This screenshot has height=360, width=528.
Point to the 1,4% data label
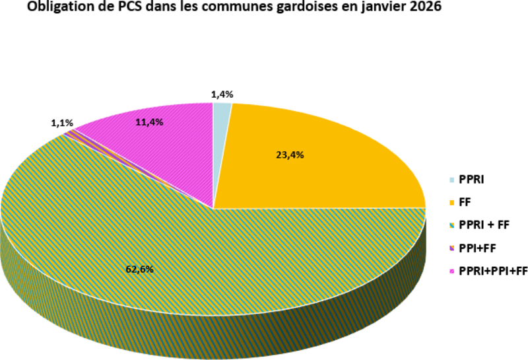click(222, 94)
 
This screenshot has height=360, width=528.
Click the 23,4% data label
click(290, 155)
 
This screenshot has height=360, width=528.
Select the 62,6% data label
click(139, 270)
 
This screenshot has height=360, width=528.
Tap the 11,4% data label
click(149, 122)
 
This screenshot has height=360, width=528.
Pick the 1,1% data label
click(62, 124)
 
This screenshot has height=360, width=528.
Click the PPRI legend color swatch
click(451, 180)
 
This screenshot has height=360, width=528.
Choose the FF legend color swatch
click(451, 203)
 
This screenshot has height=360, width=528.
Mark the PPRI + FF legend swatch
click(451, 225)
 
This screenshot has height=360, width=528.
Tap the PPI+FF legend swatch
click(451, 248)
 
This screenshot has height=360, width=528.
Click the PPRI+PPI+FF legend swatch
click(451, 271)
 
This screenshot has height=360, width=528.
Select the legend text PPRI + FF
click(484, 225)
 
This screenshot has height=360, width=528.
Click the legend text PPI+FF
click(477, 248)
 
